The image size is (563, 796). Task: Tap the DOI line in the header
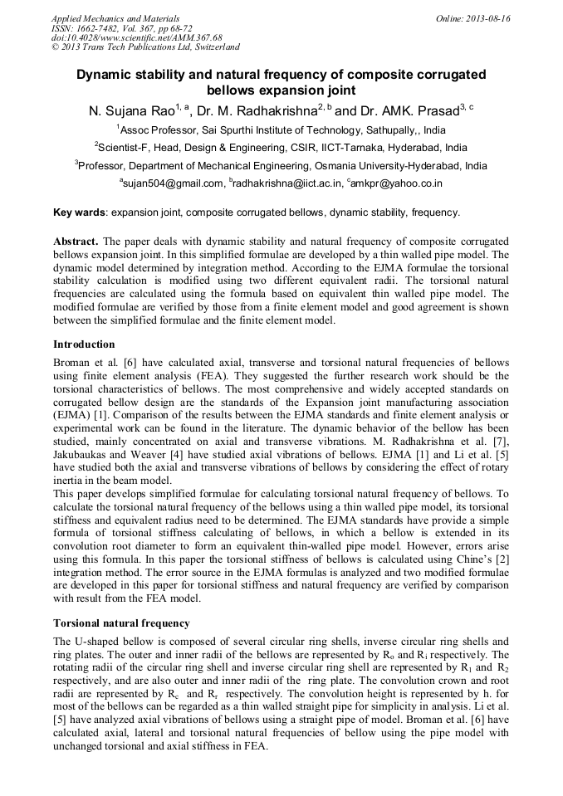[x=137, y=38]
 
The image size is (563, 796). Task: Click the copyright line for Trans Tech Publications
[x=146, y=47]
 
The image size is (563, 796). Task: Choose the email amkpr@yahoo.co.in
[x=396, y=183]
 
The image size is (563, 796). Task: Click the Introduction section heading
[x=84, y=344]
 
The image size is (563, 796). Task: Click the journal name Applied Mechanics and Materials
[x=115, y=18]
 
